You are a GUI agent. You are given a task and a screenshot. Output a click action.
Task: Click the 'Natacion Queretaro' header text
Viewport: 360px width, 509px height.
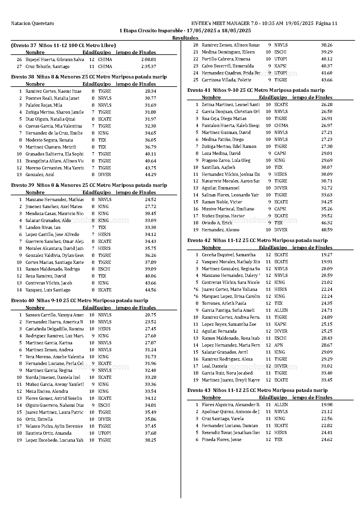click(x=33, y=24)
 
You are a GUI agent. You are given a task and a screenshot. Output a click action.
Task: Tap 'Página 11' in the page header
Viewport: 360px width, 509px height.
click(x=326, y=24)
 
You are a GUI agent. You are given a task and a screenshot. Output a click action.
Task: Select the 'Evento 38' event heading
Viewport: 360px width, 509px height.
click(x=89, y=77)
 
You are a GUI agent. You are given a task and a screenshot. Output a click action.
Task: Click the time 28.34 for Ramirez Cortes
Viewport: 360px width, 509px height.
click(x=150, y=91)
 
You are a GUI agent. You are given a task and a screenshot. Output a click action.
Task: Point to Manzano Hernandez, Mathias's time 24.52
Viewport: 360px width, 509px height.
click(x=150, y=200)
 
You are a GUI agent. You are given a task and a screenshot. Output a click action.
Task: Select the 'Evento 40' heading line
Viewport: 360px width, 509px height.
click(x=80, y=301)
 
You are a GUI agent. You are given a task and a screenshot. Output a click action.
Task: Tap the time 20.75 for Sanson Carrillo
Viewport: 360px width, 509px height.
click(x=150, y=315)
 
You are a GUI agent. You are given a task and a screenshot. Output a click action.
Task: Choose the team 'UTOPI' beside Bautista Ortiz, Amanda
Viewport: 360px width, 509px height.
click(x=105, y=433)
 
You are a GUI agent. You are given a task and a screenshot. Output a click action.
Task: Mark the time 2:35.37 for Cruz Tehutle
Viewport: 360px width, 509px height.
click(x=149, y=67)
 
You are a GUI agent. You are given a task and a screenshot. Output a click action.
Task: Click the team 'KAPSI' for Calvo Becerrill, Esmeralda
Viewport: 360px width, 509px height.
click(x=280, y=66)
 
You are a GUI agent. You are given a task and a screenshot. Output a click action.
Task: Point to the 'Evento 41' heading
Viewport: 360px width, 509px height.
click(x=256, y=90)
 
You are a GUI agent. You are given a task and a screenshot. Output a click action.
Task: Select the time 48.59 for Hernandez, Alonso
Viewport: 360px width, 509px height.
click(x=327, y=230)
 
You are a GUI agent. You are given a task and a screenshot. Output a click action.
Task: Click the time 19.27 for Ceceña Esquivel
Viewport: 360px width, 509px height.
click(x=327, y=255)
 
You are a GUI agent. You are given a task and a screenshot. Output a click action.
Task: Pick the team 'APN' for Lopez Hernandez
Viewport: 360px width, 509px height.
click(x=278, y=345)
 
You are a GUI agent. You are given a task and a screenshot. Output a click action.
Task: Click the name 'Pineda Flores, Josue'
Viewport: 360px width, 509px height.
click(x=222, y=440)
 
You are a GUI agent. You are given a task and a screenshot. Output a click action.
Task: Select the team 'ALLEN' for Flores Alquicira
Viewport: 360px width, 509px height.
click(x=281, y=405)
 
